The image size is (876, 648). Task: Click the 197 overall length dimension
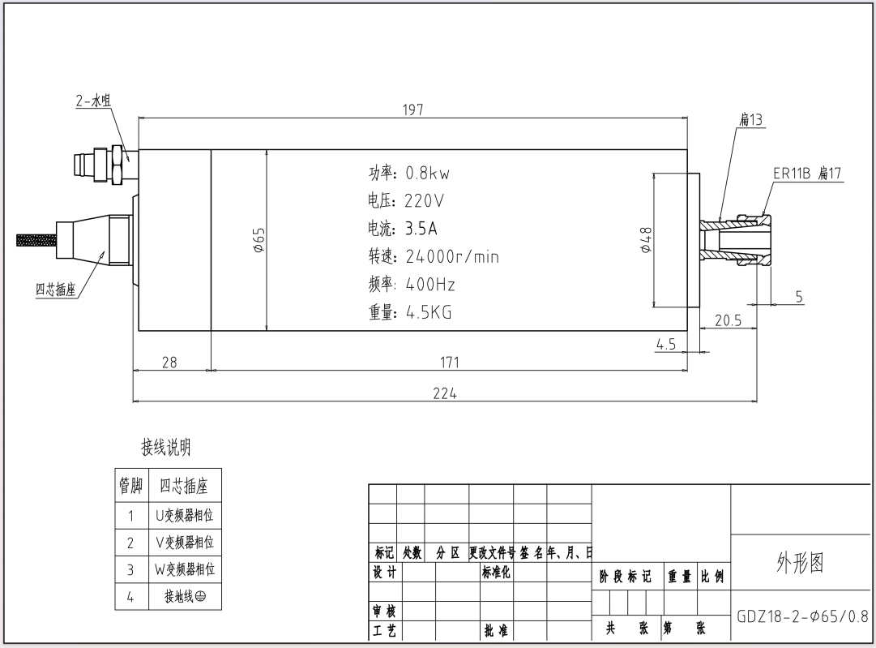coord(413,109)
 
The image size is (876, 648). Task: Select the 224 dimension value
coord(444,393)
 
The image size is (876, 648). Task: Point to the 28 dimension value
coord(169,362)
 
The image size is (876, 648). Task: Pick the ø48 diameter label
coord(646,240)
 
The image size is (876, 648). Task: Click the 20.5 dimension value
coord(728,320)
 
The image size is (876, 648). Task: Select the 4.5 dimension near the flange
coord(665,344)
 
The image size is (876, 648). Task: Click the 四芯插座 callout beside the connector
coord(56,290)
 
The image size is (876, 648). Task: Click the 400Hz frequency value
coord(430,285)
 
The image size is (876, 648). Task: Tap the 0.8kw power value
coord(427,174)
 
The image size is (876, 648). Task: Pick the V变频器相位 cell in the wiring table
coord(184,542)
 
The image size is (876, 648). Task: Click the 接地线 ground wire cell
coord(184,597)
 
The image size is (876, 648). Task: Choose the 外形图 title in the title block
coord(800,563)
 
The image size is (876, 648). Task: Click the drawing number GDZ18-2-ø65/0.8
coord(801,616)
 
